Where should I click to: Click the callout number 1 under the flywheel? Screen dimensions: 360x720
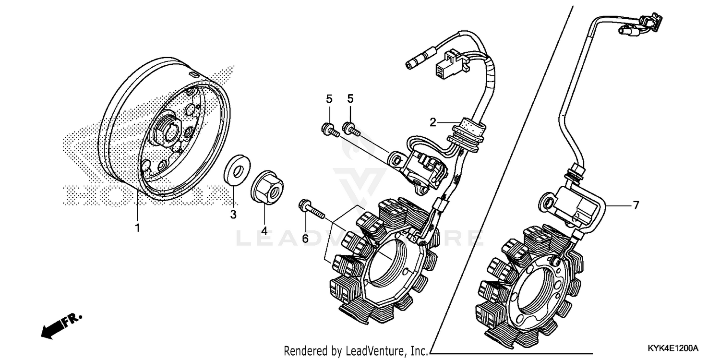[x=137, y=228]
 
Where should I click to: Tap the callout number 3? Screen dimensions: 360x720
[x=233, y=215]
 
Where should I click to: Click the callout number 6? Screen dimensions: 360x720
[x=305, y=238]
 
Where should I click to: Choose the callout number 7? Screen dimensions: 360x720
[x=636, y=205]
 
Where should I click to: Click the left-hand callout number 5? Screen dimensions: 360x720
[x=329, y=99]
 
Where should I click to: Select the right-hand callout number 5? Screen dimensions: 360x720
[x=350, y=99]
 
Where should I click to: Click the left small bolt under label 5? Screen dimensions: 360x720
[x=330, y=130]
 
